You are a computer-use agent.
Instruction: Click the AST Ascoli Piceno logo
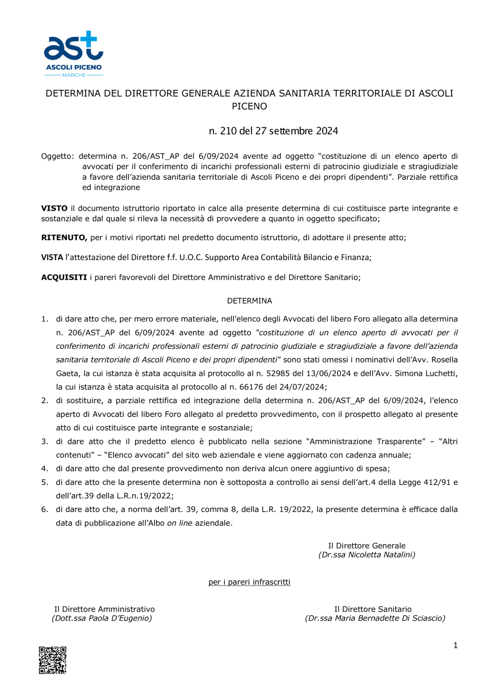tap(73, 53)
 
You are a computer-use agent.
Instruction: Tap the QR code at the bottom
tap(53, 660)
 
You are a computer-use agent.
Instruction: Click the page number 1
tap(455, 645)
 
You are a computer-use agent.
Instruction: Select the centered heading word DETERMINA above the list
tap(249, 301)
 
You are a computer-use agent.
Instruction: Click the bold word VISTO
tap(54, 208)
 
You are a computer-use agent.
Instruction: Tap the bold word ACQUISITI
tap(64, 277)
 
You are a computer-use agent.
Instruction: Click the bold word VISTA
tap(52, 257)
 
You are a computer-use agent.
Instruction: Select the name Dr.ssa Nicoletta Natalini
tap(367, 555)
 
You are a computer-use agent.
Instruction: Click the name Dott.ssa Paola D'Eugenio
tap(102, 618)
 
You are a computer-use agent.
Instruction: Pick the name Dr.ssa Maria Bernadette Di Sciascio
tap(375, 618)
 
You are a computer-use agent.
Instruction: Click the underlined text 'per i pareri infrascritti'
tap(249, 582)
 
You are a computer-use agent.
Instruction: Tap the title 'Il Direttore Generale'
tap(367, 546)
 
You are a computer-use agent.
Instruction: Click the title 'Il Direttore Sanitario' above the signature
tap(373, 609)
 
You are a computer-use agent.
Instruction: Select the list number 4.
tap(44, 469)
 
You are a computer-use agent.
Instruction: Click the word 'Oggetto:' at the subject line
tap(57, 156)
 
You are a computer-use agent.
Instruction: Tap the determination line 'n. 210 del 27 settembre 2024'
tap(273, 131)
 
